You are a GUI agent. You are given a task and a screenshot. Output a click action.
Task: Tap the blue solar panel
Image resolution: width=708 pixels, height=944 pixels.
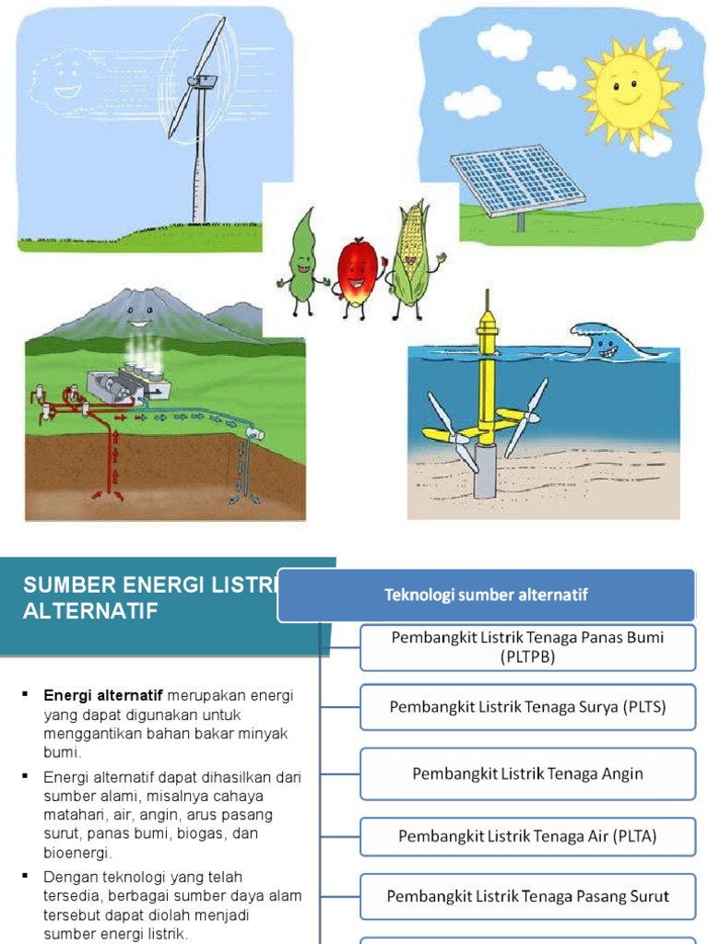click(517, 176)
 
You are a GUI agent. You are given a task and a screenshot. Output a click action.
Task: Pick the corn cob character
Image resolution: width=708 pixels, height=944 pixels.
click(410, 255)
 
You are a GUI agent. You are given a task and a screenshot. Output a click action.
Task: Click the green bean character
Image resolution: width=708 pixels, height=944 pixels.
click(302, 259)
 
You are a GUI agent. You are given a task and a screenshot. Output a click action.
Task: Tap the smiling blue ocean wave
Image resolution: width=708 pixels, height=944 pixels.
click(602, 342)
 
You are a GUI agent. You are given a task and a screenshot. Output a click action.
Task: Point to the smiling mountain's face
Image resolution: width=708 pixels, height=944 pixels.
click(138, 313)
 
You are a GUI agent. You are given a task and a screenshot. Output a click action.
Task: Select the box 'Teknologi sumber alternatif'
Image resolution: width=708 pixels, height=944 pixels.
click(486, 595)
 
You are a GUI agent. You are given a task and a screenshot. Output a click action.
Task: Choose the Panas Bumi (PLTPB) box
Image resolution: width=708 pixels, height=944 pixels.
click(527, 647)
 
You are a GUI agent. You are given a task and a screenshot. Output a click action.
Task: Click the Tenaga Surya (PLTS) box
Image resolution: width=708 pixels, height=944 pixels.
click(527, 707)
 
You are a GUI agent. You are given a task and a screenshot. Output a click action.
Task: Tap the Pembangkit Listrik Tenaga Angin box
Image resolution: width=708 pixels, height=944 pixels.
click(527, 773)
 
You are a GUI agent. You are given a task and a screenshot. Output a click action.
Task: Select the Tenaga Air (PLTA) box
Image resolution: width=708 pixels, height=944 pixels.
click(527, 836)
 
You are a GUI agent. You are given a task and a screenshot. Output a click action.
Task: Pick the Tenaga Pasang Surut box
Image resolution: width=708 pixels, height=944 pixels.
click(527, 896)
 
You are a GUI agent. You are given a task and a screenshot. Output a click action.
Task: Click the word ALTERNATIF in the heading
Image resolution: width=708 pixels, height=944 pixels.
click(90, 611)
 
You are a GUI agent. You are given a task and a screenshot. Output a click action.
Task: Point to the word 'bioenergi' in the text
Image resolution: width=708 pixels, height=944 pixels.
click(76, 851)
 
